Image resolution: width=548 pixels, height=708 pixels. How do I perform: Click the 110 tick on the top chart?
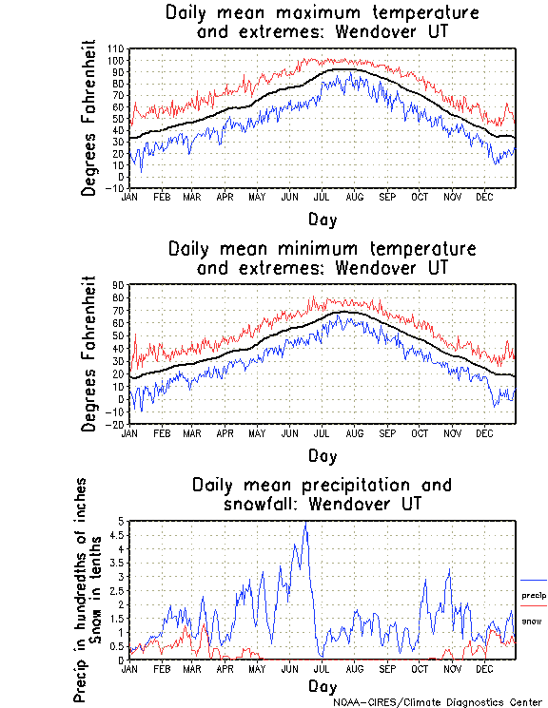[x=117, y=48]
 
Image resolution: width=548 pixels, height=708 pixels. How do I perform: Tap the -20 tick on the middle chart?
[x=117, y=424]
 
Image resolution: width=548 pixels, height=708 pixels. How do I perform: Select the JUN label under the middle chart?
[x=289, y=433]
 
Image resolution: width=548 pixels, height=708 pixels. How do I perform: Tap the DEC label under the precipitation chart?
[x=483, y=669]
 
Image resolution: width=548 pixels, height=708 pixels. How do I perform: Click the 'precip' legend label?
[x=534, y=595]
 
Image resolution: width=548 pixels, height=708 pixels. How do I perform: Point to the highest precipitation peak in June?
[x=305, y=524]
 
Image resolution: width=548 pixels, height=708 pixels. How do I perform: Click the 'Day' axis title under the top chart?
[x=322, y=219]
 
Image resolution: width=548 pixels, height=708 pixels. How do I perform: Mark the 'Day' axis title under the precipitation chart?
[x=322, y=686]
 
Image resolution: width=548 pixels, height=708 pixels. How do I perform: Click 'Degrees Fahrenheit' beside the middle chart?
[x=89, y=354]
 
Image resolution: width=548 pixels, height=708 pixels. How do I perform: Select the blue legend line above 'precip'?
[x=534, y=581]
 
